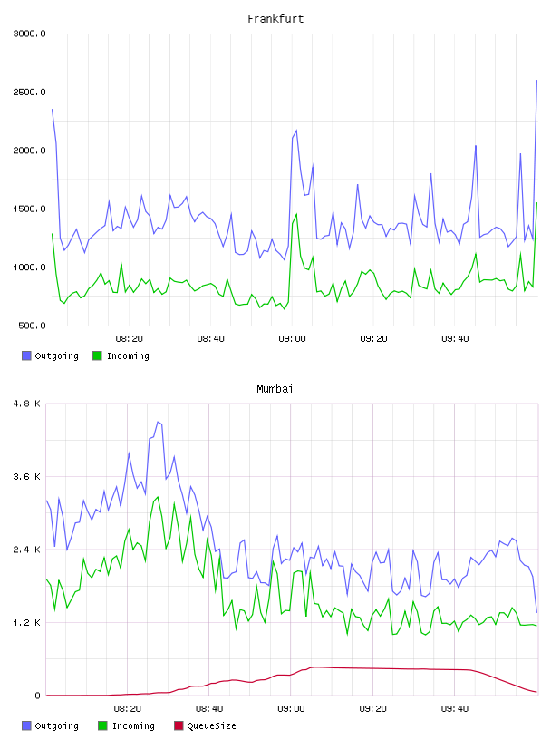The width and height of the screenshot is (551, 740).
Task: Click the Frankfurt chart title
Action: point(275,19)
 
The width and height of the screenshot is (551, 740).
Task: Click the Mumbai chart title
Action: point(275,389)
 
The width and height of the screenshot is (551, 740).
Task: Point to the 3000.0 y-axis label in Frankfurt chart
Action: point(29,34)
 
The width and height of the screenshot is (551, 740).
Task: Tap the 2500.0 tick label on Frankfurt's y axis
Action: point(29,92)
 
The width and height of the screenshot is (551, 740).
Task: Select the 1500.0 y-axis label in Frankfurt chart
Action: point(29,209)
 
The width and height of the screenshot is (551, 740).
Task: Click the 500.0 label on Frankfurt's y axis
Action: point(32,326)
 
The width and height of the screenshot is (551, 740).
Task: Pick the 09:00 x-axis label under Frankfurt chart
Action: point(292,339)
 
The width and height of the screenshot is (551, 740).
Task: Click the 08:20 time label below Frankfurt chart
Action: point(130,339)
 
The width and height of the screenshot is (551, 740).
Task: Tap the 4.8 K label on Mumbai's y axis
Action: point(27,404)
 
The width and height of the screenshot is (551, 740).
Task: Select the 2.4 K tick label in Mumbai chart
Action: point(27,550)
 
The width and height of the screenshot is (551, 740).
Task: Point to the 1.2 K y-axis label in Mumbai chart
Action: point(27,623)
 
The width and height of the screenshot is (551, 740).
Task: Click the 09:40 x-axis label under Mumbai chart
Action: point(455,709)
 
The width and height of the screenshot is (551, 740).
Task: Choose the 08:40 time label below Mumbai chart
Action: point(209,709)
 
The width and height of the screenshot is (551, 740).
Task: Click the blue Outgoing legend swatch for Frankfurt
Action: point(26,355)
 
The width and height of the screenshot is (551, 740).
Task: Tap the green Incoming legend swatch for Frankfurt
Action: point(97,355)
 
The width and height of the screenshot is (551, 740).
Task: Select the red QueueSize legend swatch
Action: point(179,725)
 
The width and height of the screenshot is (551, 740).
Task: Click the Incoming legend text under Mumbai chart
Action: point(133,725)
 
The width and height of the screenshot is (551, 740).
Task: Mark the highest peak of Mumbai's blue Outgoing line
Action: point(158,422)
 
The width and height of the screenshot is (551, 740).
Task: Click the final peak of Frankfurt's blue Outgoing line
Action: point(536,80)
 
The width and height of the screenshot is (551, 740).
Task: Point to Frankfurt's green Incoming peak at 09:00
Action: point(296,214)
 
